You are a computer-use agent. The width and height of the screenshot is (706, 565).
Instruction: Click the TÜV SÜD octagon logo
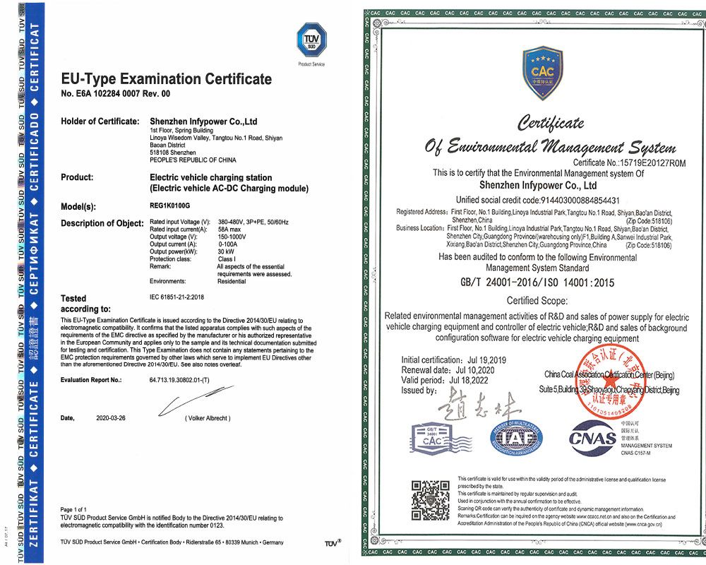pyautogui.click(x=311, y=38)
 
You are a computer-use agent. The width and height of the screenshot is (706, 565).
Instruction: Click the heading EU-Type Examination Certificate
pyautogui.click(x=166, y=78)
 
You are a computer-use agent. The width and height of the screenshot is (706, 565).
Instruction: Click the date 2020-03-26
pyautogui.click(x=112, y=418)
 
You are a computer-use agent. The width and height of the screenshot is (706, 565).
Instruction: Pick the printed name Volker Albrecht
pyautogui.click(x=207, y=418)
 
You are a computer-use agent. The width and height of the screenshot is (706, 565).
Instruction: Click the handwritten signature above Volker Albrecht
pyautogui.click(x=187, y=403)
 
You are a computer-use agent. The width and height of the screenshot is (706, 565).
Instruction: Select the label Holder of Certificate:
pyautogui.click(x=100, y=121)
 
